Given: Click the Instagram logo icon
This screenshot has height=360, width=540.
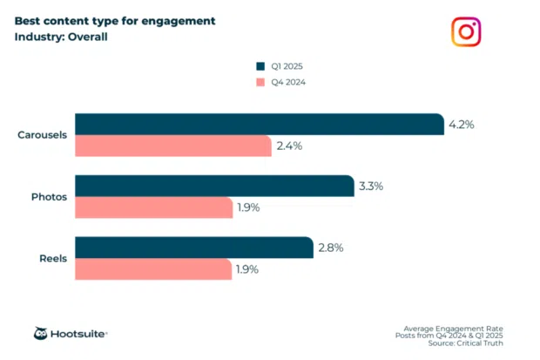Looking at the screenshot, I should point(466,32).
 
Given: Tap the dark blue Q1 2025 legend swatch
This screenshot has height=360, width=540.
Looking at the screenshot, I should point(260,65).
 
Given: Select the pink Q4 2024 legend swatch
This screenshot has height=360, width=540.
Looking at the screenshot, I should point(260,82).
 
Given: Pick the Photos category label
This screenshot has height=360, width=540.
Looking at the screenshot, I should point(50,196).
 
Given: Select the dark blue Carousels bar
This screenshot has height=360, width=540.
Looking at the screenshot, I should point(259,124).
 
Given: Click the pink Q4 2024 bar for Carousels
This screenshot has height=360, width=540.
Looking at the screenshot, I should point(173,146).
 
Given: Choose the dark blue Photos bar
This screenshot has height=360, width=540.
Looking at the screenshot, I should point(214,186).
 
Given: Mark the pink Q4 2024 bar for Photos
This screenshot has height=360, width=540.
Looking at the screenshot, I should point(153,207).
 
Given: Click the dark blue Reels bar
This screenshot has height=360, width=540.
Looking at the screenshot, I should point(193,248).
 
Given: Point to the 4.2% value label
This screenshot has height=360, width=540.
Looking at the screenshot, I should point(461,125).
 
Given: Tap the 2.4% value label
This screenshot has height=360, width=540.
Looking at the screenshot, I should point(289,146).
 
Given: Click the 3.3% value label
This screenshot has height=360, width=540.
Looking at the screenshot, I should point(371,186).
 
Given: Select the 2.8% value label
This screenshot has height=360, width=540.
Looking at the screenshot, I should point(330,248).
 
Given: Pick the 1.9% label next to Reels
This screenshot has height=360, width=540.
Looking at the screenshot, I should point(248,269).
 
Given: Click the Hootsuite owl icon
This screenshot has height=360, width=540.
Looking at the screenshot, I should point(41,333).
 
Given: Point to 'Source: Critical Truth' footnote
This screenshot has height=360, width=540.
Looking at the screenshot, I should point(469,344).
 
